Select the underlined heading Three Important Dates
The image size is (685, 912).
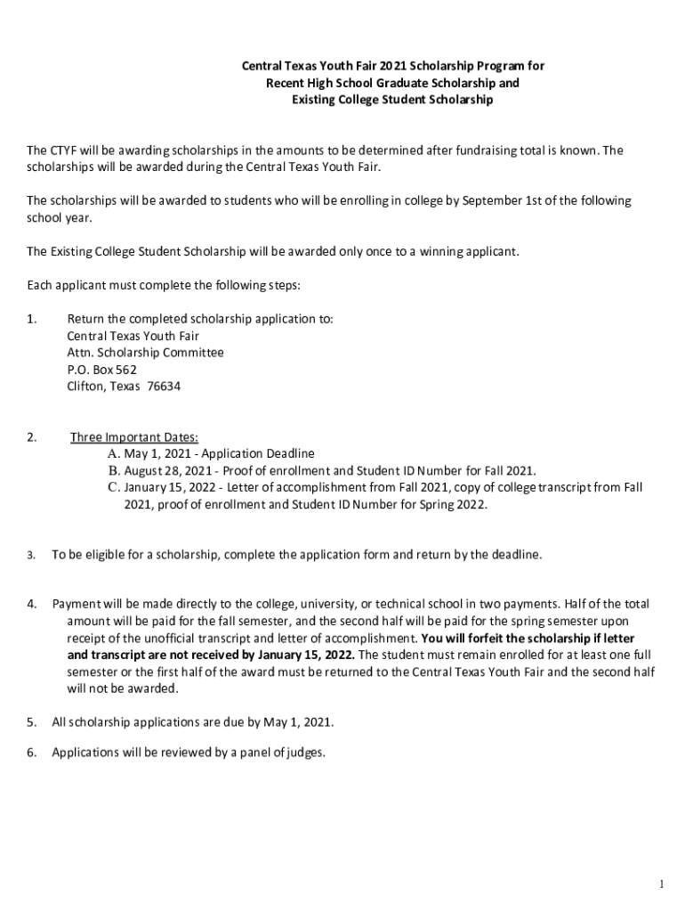pos(134,437)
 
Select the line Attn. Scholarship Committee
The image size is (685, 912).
pos(145,352)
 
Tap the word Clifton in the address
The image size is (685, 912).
pos(86,386)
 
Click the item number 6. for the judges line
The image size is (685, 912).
pos(31,753)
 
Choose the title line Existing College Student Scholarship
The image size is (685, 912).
pos(392,100)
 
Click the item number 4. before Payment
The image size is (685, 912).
pos(31,605)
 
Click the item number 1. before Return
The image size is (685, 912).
pos(31,319)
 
